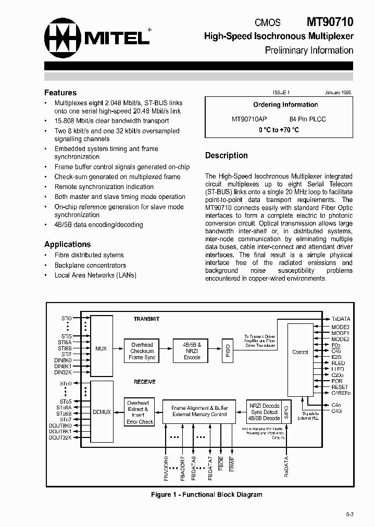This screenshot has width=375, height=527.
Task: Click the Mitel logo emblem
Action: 62,37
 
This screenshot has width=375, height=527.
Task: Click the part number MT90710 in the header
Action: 329,22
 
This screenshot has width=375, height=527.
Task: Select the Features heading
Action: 60,93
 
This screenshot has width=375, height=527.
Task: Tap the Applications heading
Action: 67,244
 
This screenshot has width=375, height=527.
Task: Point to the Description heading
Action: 226,155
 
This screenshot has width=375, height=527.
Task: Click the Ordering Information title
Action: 285,105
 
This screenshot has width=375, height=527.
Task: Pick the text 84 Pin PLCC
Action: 307,119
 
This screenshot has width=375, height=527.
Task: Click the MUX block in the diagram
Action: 101,348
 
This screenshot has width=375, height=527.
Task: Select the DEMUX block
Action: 102,411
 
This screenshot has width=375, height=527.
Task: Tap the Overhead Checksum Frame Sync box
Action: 142,351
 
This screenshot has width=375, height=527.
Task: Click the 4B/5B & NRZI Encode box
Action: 192,351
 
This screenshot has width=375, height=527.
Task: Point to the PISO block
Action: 227,350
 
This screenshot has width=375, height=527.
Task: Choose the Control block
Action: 299,352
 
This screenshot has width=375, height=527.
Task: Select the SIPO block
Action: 286,411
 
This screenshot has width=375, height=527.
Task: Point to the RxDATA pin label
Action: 286,467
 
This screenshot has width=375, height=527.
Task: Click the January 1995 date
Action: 338,92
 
